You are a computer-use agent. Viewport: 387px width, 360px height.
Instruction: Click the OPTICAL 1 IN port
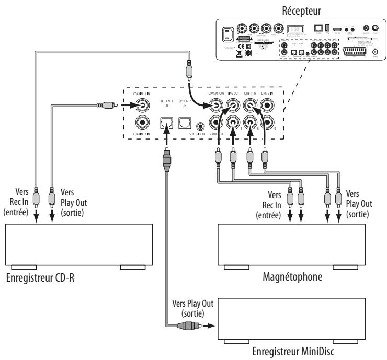pos(166,123)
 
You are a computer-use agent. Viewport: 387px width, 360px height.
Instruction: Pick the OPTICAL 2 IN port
pos(184,123)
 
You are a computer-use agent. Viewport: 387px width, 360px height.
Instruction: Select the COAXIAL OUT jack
pos(215,107)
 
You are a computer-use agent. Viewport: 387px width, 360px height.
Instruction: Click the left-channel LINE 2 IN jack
pos(269,107)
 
